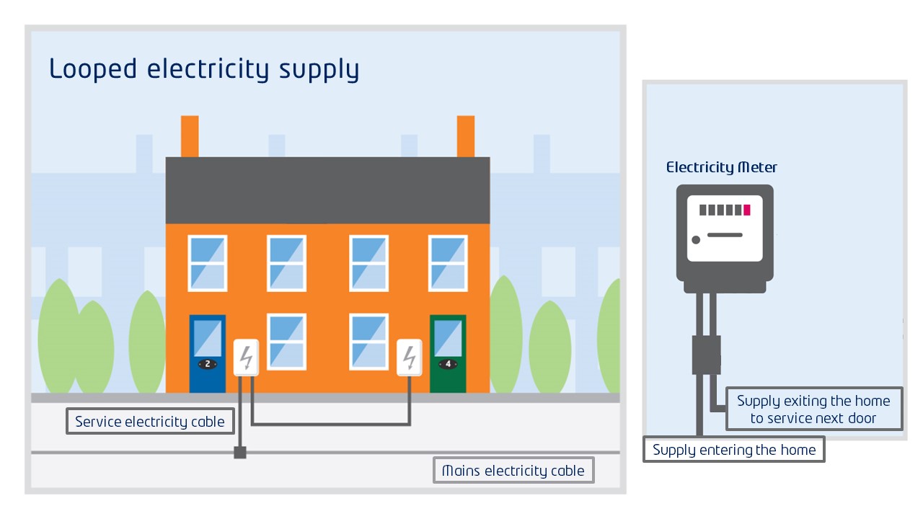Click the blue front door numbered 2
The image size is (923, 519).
207,353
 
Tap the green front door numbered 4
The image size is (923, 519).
448,353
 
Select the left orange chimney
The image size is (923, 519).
190,136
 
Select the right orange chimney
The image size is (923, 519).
466,136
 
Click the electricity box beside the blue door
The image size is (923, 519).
246,357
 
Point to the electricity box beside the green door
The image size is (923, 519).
410,357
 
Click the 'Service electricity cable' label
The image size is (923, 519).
150,422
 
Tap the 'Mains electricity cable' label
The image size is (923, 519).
513,471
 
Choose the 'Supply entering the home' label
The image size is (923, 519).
733,450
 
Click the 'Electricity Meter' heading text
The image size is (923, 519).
721,168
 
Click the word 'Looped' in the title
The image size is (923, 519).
93,70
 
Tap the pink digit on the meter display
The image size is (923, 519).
747,210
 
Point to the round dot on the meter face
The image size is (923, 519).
696,240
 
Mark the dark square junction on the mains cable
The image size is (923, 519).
240,453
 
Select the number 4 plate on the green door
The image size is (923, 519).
448,364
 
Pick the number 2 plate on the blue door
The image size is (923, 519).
207,364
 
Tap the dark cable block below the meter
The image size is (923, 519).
706,354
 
